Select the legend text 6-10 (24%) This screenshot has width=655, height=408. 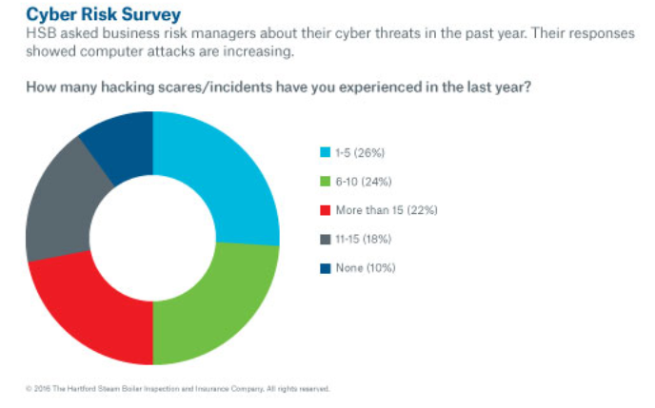(361, 182)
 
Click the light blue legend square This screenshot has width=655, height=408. (326, 153)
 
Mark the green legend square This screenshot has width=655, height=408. (326, 182)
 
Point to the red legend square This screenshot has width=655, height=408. (326, 210)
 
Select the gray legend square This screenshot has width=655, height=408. (326, 239)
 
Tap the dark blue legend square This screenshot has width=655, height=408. (326, 267)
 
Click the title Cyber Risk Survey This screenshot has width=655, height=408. (89, 15)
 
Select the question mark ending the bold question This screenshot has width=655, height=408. (528, 87)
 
